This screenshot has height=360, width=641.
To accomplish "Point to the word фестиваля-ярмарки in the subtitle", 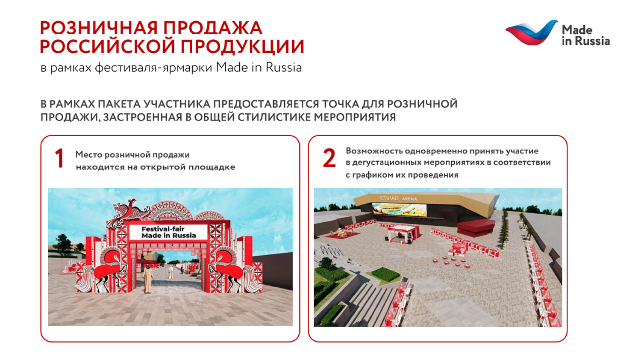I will [x=153, y=68].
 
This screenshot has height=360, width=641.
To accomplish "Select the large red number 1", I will [x=59, y=159].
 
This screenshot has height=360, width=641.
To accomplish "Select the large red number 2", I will [x=329, y=159].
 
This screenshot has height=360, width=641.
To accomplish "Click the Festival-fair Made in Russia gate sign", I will [x=169, y=232].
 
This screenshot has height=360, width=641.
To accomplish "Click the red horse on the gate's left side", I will [x=107, y=267].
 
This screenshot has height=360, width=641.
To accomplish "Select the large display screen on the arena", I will [x=400, y=210].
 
